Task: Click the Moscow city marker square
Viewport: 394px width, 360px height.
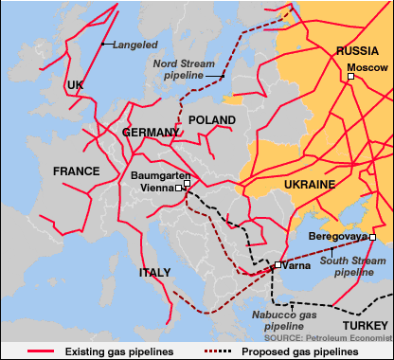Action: click(x=350, y=78)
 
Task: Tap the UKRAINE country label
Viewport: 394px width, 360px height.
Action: click(x=310, y=183)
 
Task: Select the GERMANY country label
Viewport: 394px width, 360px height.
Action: click(x=150, y=133)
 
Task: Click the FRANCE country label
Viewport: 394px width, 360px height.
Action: click(x=76, y=171)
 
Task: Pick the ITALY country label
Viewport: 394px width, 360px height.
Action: click(x=155, y=273)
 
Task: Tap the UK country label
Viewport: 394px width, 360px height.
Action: click(x=76, y=85)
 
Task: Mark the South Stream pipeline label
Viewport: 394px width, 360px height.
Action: click(x=347, y=265)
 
